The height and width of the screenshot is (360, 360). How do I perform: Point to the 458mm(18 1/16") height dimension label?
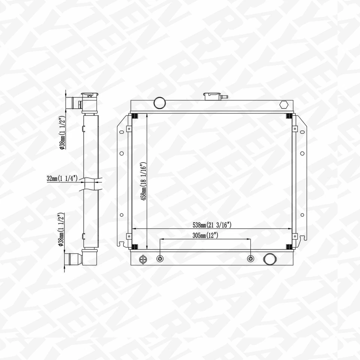[x=143, y=181]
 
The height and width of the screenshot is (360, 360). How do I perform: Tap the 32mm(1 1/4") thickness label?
[x=62, y=178]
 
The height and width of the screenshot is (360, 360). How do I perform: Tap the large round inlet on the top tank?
[x=160, y=102]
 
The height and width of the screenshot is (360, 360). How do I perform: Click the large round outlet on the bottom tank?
[x=269, y=259]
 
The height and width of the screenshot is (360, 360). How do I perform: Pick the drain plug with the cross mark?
[x=143, y=259]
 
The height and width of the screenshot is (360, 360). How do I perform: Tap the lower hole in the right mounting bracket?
[x=302, y=215]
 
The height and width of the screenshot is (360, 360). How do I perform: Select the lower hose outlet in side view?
[x=73, y=258]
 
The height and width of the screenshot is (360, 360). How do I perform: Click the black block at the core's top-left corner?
[x=135, y=116]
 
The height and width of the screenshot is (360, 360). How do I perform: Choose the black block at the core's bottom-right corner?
[x=289, y=246]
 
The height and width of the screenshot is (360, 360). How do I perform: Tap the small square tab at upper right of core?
[x=295, y=129]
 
